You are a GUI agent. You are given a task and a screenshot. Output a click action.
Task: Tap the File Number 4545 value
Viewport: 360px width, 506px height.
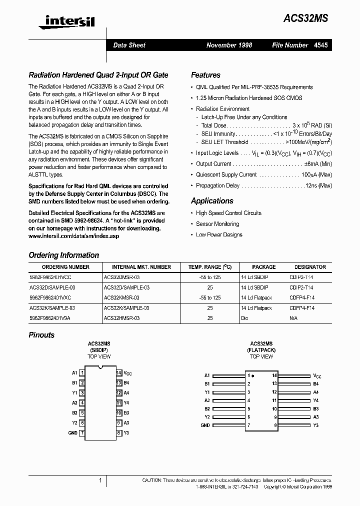pyautogui.click(x=321, y=45)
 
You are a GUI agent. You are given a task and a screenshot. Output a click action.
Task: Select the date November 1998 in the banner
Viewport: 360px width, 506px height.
pyautogui.click(x=229, y=45)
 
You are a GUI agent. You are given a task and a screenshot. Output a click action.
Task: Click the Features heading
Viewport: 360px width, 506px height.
pyautogui.click(x=205, y=75)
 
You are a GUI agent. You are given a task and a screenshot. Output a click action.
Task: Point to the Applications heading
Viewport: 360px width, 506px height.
pyautogui.click(x=212, y=201)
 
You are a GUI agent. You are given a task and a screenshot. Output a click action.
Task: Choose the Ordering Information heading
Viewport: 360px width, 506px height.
pyautogui.click(x=64, y=255)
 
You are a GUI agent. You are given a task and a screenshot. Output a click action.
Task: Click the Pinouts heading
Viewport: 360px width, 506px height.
pyautogui.click(x=41, y=335)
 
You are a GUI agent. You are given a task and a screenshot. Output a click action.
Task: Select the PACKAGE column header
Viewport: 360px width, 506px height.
pyautogui.click(x=263, y=267)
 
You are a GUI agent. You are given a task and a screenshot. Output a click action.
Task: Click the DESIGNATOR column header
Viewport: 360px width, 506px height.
pyautogui.click(x=310, y=267)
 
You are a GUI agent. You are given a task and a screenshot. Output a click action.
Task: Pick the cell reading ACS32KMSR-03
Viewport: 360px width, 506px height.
pyautogui.click(x=121, y=297)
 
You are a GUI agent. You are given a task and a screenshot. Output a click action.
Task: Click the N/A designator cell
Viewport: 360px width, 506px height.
pyautogui.click(x=294, y=318)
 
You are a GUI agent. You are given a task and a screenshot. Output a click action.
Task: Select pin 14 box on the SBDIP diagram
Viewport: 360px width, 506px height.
pyautogui.click(x=119, y=373)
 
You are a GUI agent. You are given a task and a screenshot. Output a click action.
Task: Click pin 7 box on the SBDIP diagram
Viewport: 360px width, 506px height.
pyautogui.click(x=82, y=433)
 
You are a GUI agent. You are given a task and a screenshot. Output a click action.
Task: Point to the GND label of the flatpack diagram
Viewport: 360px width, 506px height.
pyautogui.click(x=205, y=425)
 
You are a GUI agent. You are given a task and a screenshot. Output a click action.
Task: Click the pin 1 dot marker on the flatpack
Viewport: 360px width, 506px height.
pyautogui.click(x=253, y=375)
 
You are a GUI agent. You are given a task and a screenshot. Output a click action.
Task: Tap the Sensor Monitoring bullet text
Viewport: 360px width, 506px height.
pyautogui.click(x=217, y=224)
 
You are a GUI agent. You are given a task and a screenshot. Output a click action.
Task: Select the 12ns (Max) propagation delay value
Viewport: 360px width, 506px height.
pyautogui.click(x=318, y=185)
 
